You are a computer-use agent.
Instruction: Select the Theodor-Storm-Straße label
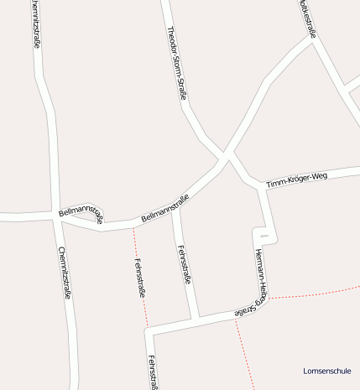(176, 63)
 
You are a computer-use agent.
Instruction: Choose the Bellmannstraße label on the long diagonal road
(165, 207)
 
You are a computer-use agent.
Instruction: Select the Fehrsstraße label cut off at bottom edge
(153, 372)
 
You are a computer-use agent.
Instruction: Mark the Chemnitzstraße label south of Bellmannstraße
(65, 273)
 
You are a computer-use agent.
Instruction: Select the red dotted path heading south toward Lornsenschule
(244, 352)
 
